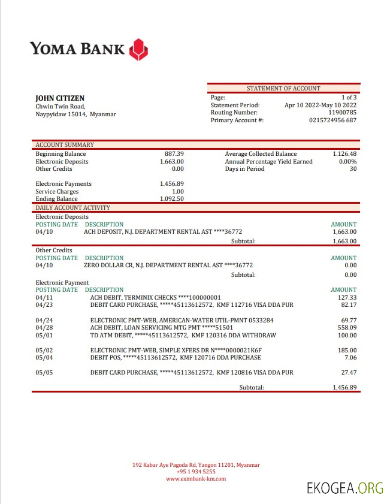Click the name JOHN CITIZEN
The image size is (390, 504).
[60, 98]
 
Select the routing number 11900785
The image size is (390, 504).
[343, 112]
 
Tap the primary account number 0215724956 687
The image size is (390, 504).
[332, 120]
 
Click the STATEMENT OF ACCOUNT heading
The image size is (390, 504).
[283, 88]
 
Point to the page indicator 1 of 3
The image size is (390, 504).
[349, 97]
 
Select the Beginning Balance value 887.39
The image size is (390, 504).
[174, 154]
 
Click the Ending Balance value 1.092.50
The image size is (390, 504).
[172, 199]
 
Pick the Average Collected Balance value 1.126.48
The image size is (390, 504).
[344, 154]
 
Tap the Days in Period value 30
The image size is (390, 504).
[353, 169]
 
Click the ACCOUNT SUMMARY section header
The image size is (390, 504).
[65, 144]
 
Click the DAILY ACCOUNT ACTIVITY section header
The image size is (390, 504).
[72, 207]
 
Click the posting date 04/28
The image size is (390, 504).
[44, 328]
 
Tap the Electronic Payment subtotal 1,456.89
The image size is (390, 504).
[344, 388]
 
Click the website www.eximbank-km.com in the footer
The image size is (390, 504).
[196, 479]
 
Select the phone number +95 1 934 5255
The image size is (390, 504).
[196, 472]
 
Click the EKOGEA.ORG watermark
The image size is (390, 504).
[344, 488]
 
